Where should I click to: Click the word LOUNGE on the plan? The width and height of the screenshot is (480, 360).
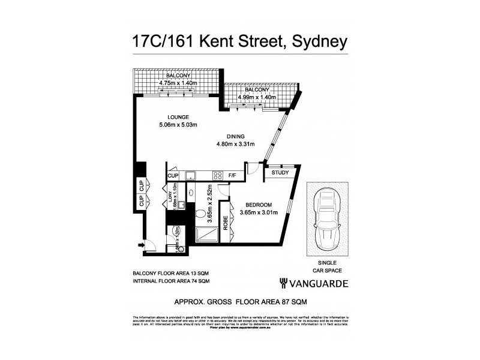click(178, 116)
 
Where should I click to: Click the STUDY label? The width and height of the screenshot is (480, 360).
click(280, 173)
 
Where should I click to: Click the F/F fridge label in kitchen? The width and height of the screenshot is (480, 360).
click(233, 175)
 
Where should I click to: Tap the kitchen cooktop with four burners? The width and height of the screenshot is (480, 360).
click(217, 175)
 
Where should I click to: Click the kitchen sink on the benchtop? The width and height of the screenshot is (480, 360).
click(191, 175)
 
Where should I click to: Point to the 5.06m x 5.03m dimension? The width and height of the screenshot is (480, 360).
click(178, 125)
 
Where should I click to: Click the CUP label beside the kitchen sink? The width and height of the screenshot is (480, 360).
click(173, 175)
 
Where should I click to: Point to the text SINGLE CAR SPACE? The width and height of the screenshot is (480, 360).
click(327, 267)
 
